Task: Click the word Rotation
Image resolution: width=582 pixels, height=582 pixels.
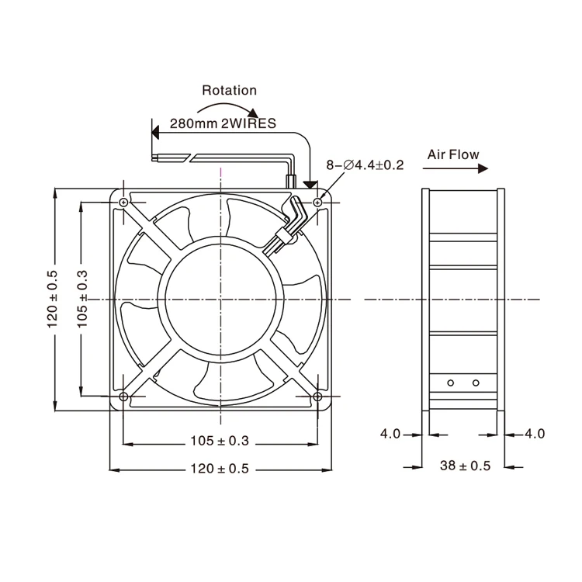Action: click(x=229, y=90)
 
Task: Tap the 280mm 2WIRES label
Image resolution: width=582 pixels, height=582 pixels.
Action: click(x=223, y=123)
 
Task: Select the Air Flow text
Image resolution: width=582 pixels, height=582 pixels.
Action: click(x=453, y=154)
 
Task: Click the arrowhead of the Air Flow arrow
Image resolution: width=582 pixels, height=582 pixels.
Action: click(x=483, y=169)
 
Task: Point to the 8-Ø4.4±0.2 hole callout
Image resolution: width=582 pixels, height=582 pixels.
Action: click(x=365, y=165)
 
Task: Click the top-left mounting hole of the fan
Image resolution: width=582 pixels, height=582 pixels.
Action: click(x=124, y=203)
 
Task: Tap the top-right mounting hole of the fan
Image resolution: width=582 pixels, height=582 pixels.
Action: click(x=317, y=203)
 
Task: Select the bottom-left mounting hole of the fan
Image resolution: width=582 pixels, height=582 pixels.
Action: click(x=123, y=397)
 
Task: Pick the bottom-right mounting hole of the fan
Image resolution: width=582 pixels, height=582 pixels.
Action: click(x=317, y=397)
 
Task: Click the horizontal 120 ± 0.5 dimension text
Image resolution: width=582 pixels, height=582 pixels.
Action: click(x=220, y=469)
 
